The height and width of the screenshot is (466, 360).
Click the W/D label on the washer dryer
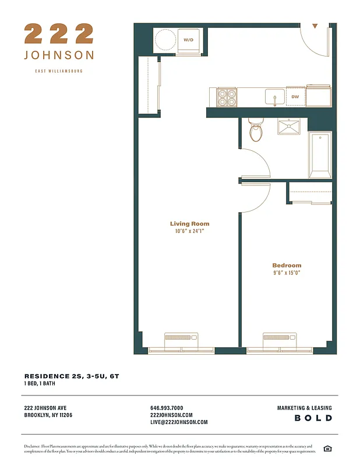[x=188, y=40]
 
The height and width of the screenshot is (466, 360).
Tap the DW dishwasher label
[x=295, y=97]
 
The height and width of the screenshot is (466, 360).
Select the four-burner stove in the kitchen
[x=227, y=97]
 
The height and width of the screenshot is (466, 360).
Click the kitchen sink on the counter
[x=274, y=97]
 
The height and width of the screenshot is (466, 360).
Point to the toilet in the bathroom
[x=256, y=130]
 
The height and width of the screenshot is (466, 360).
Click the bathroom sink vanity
[x=288, y=127]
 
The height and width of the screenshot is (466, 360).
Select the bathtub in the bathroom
[x=320, y=155]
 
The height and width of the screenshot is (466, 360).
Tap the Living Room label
[x=189, y=224]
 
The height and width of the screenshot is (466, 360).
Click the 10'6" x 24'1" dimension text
[x=189, y=231]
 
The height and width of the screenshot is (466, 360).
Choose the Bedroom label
[x=287, y=266]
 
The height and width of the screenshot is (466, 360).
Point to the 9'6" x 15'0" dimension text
[x=287, y=273]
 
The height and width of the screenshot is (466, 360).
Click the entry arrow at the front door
[x=315, y=26]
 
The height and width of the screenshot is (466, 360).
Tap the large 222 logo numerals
[x=59, y=34]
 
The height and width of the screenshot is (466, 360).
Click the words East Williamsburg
[x=59, y=71]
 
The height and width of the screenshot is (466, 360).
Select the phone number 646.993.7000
[x=167, y=408]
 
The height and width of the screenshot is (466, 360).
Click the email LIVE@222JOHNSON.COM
[x=179, y=422]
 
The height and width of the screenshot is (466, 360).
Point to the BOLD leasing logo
[x=313, y=418]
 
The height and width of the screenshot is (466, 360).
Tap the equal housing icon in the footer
[x=327, y=448]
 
